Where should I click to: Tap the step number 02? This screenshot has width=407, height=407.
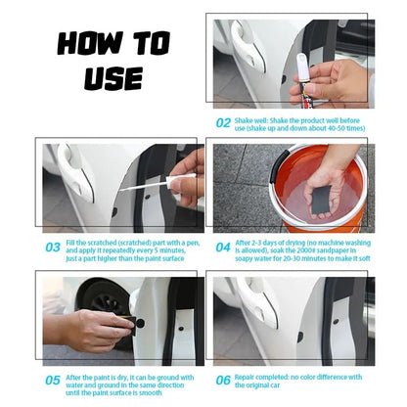(222, 123)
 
